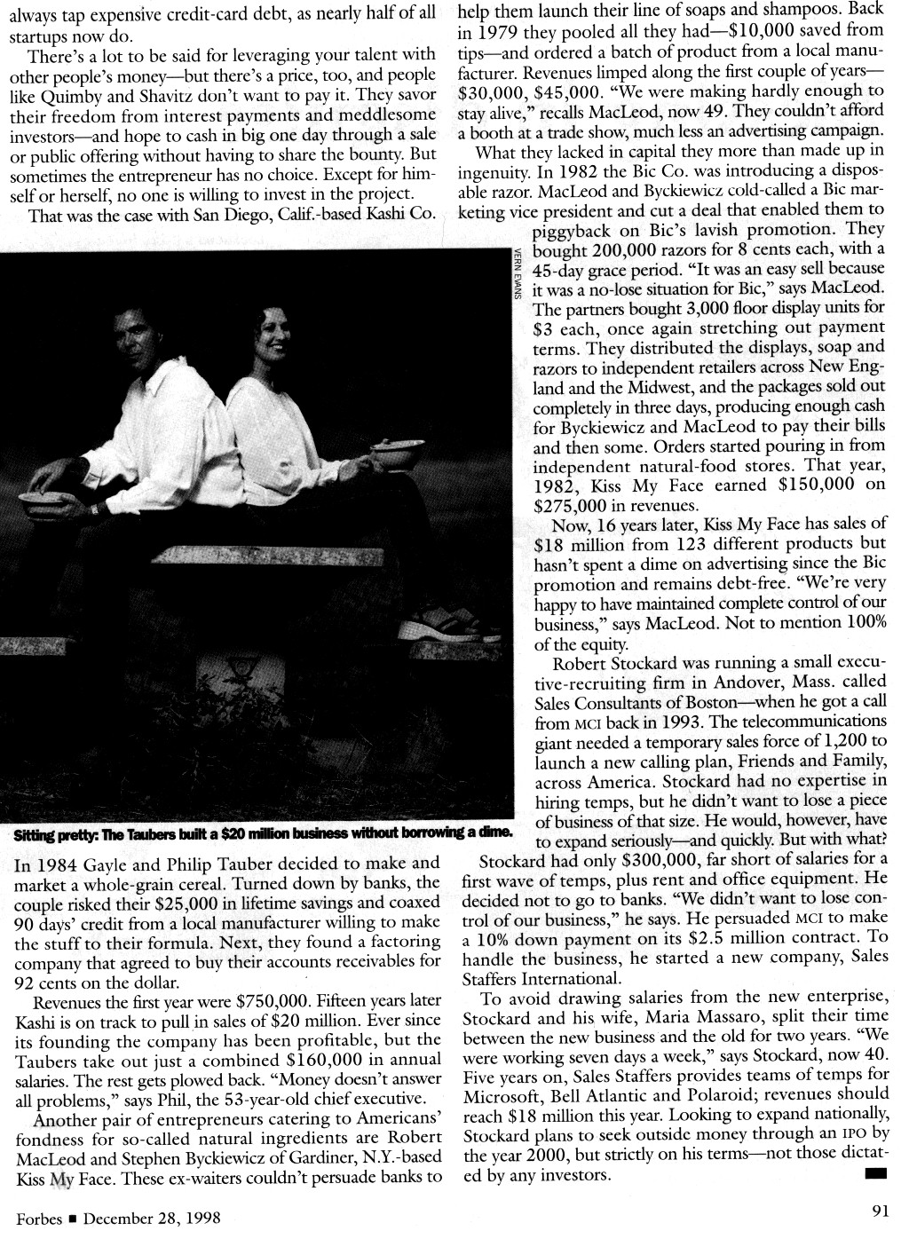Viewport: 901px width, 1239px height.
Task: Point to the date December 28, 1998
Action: point(152,1218)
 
